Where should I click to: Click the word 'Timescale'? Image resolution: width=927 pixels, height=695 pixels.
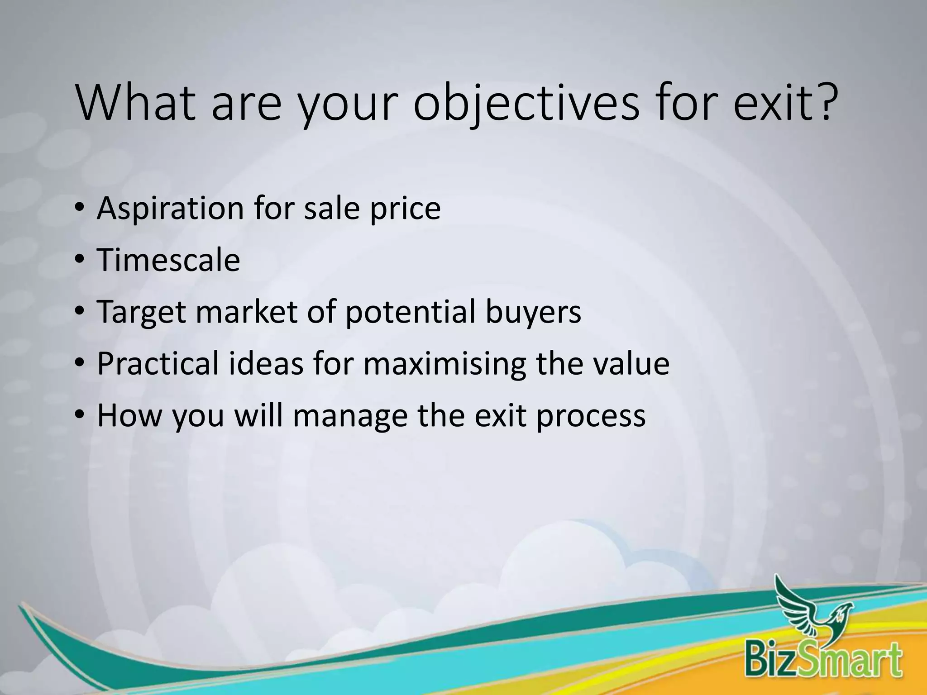(168, 261)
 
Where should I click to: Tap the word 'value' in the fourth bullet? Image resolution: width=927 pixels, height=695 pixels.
(631, 364)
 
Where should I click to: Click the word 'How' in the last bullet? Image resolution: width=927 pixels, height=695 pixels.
(129, 416)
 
